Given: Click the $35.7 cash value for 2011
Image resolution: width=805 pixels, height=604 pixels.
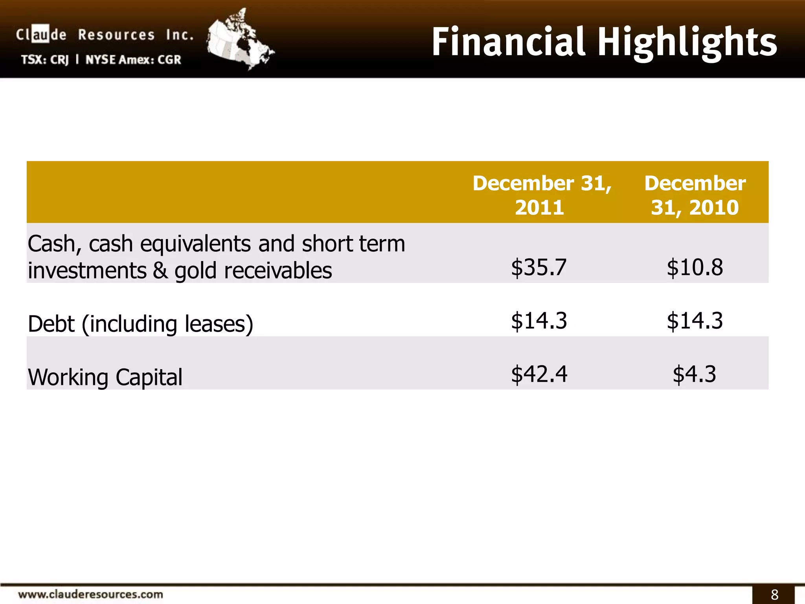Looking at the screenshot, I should click(539, 267).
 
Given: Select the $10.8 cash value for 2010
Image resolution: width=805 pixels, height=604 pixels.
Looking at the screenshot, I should click(695, 267).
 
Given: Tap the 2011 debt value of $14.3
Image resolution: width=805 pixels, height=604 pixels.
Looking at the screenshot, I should click(539, 320).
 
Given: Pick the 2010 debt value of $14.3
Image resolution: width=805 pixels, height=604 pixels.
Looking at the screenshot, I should click(695, 320).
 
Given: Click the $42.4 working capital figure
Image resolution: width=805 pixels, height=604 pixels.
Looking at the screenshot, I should click(539, 374).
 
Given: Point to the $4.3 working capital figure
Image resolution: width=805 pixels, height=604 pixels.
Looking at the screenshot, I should click(694, 374).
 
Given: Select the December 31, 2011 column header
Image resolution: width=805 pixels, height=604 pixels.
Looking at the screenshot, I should click(541, 195).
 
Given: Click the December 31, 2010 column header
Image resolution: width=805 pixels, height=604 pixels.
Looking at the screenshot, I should click(695, 195).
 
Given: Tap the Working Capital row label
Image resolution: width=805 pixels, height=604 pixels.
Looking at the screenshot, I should click(105, 377).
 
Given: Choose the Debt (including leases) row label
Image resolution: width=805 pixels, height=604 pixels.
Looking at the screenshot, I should click(140, 324).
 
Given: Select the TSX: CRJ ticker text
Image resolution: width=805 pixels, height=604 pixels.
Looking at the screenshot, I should click(45, 60).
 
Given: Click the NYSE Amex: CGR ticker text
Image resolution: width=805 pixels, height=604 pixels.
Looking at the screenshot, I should click(133, 60).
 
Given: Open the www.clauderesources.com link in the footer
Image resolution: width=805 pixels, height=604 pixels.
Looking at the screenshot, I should click(90, 594).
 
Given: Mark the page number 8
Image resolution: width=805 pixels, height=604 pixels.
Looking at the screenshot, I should click(774, 595).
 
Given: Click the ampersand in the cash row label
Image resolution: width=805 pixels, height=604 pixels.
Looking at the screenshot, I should click(160, 271).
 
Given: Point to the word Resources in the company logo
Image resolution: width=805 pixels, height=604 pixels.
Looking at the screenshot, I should click(116, 35).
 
